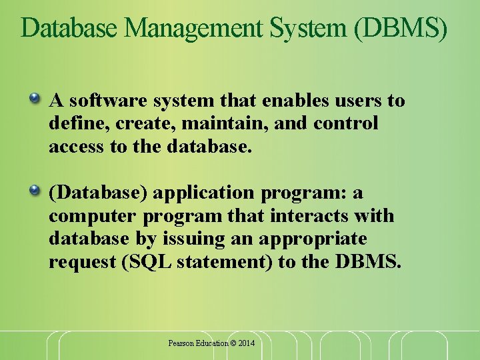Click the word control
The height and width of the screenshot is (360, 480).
pyautogui.click(x=346, y=123)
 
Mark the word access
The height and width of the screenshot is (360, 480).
pyautogui.click(x=73, y=146)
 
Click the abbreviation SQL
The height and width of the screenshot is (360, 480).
pyautogui.click(x=144, y=261)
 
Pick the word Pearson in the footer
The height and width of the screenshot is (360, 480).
pyautogui.click(x=180, y=343)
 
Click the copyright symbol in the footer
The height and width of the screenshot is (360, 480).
pyautogui.click(x=233, y=343)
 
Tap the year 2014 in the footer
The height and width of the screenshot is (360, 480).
pyautogui.click(x=247, y=343)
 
